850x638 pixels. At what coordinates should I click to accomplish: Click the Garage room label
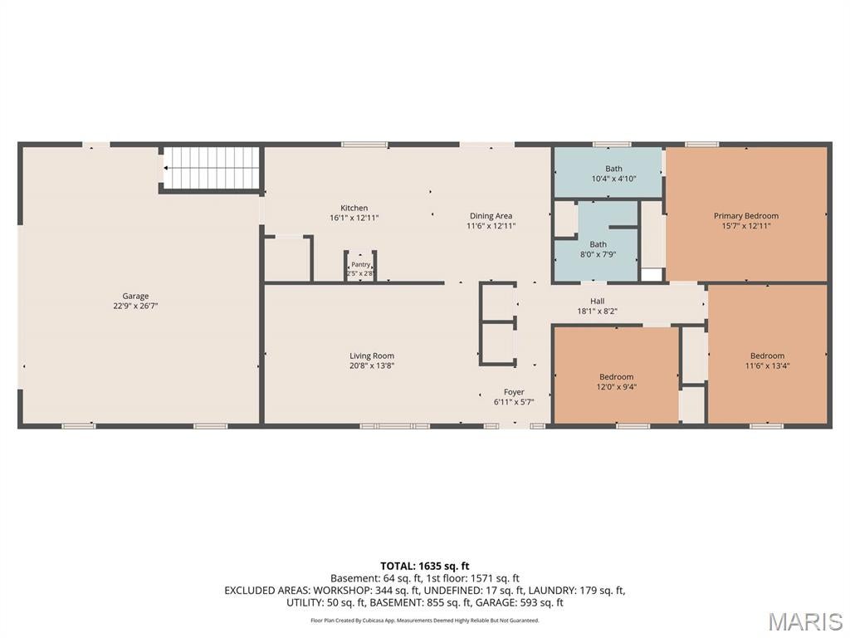coord(135,297)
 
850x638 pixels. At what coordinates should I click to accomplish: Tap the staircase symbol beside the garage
coord(212,168)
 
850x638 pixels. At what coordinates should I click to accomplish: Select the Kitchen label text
coord(354,208)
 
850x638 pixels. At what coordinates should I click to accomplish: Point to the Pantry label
coord(360,265)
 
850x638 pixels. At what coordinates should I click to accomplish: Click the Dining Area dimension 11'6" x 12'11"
coord(491,226)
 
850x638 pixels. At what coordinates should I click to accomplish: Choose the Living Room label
coord(372,356)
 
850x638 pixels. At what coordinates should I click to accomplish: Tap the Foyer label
coord(514,392)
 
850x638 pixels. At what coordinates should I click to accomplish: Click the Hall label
coord(598,301)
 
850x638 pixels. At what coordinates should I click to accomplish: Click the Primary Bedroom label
coord(746,216)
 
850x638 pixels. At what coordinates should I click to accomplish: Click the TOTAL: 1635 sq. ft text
coord(424,567)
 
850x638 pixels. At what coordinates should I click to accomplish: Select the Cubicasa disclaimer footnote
coord(425,620)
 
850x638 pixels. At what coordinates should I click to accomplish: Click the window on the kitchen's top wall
coord(364,145)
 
